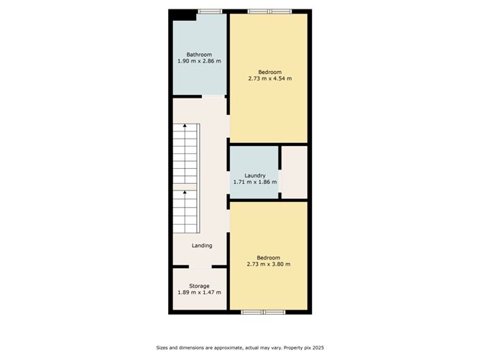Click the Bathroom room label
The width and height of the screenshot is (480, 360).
pos(199,55)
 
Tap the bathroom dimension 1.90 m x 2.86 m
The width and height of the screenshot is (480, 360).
pos(199,61)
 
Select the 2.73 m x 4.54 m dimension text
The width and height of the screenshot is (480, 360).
pos(269,78)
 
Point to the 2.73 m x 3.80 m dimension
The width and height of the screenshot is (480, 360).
pos(269,264)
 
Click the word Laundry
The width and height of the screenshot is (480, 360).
pos(254,176)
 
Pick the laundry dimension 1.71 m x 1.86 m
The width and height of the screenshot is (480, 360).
pos(255,182)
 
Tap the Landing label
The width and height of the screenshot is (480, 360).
pos(202,246)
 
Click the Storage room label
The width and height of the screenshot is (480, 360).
pos(199,286)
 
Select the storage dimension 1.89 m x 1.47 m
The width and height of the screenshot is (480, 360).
pos(199,292)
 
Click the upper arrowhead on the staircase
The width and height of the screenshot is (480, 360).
pos(185,125)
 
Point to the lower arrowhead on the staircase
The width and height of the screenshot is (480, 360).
pos(185,193)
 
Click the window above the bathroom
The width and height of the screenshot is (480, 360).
pos(210,11)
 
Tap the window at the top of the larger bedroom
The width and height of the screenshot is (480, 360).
pos(269,11)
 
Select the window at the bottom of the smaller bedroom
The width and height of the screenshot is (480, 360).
pos(263,313)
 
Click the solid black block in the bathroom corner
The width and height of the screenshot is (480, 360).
pos(183,15)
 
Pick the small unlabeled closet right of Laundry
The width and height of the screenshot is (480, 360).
pos(294,172)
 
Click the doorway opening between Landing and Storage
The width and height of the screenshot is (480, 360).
pos(200,267)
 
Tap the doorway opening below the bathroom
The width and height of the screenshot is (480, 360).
pos(213,96)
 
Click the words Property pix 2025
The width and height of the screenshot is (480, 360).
pos(304,348)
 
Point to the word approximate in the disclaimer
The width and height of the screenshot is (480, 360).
pos(229,348)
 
